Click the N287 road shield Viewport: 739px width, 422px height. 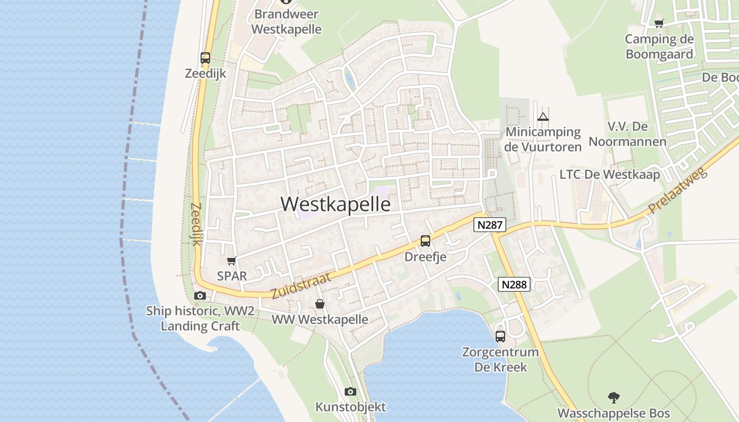pos(489,225)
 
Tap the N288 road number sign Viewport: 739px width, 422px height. pos(514,285)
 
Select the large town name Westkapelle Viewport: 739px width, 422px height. pos(336,204)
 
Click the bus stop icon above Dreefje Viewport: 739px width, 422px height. pos(425,241)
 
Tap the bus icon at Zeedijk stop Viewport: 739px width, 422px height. pos(205,58)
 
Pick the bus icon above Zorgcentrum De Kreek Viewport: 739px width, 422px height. pos(500,336)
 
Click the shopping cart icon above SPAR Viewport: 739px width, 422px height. pos(231,261)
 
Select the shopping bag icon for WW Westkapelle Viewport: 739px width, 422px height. pos(319,304)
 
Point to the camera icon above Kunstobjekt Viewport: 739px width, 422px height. pos(350,391)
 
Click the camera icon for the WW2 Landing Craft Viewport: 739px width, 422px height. pos(200,296)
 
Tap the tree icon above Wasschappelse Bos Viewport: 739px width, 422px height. pos(613,397)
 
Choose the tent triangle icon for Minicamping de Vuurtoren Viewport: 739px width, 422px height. pos(543,117)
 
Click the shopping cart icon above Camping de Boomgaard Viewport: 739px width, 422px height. pos(659,23)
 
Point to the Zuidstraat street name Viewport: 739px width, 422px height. pos(301,286)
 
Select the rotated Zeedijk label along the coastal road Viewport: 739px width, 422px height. pos(196,224)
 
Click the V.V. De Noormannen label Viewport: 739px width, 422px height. pos(628,134)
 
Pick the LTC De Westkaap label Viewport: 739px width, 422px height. pos(610,175)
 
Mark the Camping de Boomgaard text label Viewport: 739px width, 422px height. pos(659,46)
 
